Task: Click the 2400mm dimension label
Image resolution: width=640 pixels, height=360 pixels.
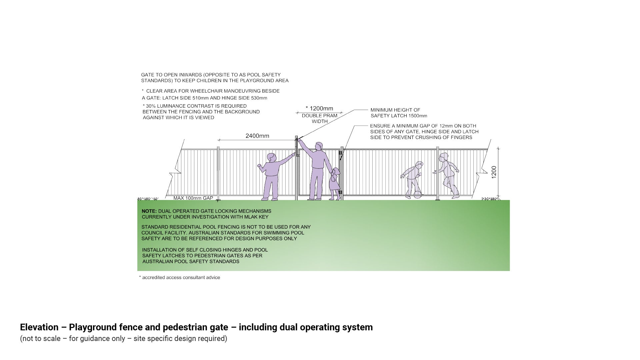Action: coord(257,136)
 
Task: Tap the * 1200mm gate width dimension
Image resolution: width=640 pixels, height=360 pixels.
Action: coord(319,108)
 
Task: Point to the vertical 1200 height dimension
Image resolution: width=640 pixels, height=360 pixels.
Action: coord(494,172)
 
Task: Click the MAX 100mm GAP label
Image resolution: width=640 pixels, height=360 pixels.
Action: coord(193,198)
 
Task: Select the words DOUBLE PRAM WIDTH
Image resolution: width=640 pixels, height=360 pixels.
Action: coord(319,119)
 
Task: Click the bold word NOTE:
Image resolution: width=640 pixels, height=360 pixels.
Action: coord(149,211)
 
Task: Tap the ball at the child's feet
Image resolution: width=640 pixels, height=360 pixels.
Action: coord(417,195)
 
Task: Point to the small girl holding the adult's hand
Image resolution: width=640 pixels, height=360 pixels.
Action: coord(334,184)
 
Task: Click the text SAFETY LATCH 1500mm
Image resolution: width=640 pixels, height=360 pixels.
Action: coord(399,116)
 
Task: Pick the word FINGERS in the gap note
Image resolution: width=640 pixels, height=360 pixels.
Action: coord(461,138)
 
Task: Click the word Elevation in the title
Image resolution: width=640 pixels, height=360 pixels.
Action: coord(39,327)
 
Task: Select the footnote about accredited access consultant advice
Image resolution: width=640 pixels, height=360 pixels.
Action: coord(180,278)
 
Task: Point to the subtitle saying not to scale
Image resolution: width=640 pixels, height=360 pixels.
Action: coord(123,339)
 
